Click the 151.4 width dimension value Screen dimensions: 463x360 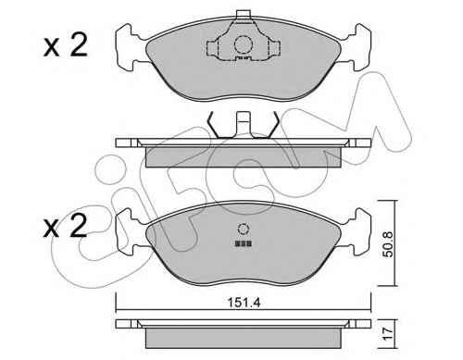(x=244, y=303)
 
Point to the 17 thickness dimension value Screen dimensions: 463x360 (x=388, y=334)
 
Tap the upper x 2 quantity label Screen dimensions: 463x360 (x=66, y=45)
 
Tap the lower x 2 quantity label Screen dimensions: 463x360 (x=65, y=226)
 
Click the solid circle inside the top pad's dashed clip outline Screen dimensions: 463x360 (x=244, y=45)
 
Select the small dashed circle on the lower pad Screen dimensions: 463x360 (x=244, y=229)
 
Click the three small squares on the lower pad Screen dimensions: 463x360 (x=244, y=243)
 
